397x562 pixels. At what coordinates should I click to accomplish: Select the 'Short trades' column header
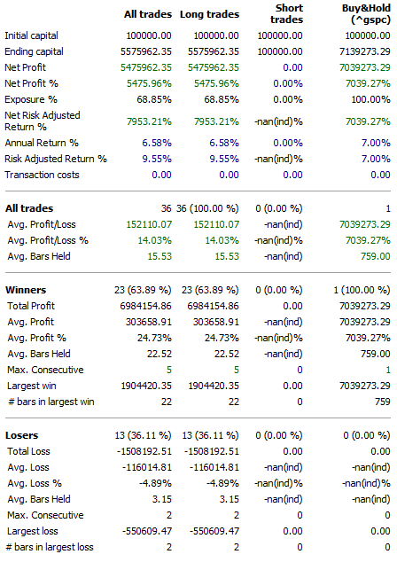click(x=284, y=20)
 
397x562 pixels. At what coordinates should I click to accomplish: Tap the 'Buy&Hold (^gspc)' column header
click(x=356, y=20)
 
